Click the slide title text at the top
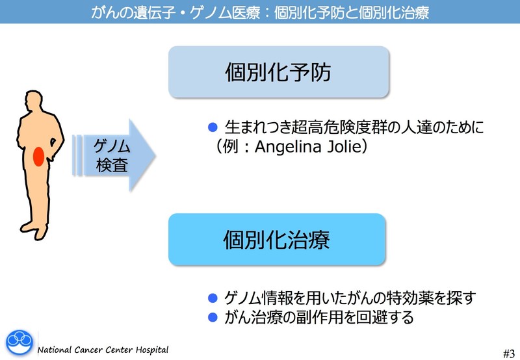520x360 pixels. tap(260, 12)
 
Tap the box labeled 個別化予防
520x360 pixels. tap(278, 72)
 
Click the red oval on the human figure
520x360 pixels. tap(38, 157)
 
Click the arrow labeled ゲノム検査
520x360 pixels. tap(114, 155)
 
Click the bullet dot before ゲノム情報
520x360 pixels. tap(211, 299)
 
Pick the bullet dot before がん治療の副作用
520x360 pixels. tap(211, 318)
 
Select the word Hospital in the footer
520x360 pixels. tap(150, 350)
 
